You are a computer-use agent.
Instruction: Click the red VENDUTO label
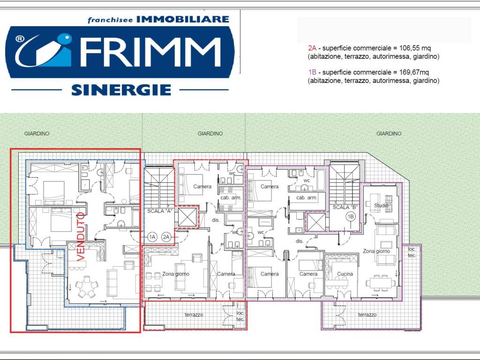(x=81, y=237)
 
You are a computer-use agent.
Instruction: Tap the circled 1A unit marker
(x=152, y=237)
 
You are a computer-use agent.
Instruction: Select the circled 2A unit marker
(x=166, y=237)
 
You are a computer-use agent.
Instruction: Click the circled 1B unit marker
(x=351, y=217)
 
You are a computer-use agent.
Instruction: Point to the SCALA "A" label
(x=160, y=211)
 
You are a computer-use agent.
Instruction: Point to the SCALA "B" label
(x=345, y=207)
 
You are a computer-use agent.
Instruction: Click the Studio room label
(x=381, y=205)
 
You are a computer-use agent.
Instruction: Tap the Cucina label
(x=345, y=274)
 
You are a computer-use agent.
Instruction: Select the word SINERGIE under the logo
(x=121, y=90)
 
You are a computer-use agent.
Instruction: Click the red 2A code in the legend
(x=312, y=48)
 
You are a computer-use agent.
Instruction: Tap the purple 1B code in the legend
(x=312, y=72)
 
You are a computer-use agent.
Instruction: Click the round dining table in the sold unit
(x=87, y=286)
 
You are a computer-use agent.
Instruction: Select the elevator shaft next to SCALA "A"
(x=187, y=217)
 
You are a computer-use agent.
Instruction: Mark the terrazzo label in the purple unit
(x=367, y=315)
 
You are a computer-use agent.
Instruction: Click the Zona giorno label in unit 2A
(x=176, y=274)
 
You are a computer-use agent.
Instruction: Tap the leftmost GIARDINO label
(x=37, y=134)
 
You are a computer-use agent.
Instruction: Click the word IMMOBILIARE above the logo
(x=183, y=19)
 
